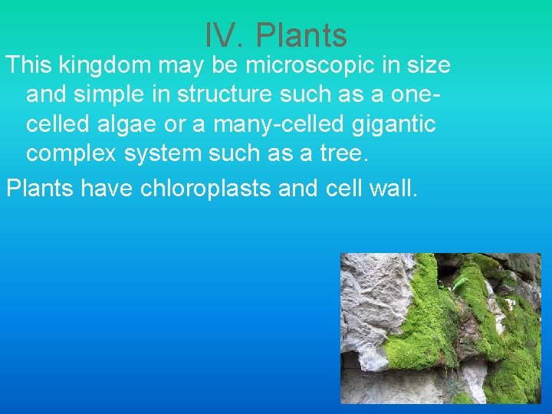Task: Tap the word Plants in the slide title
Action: pos(301,35)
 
